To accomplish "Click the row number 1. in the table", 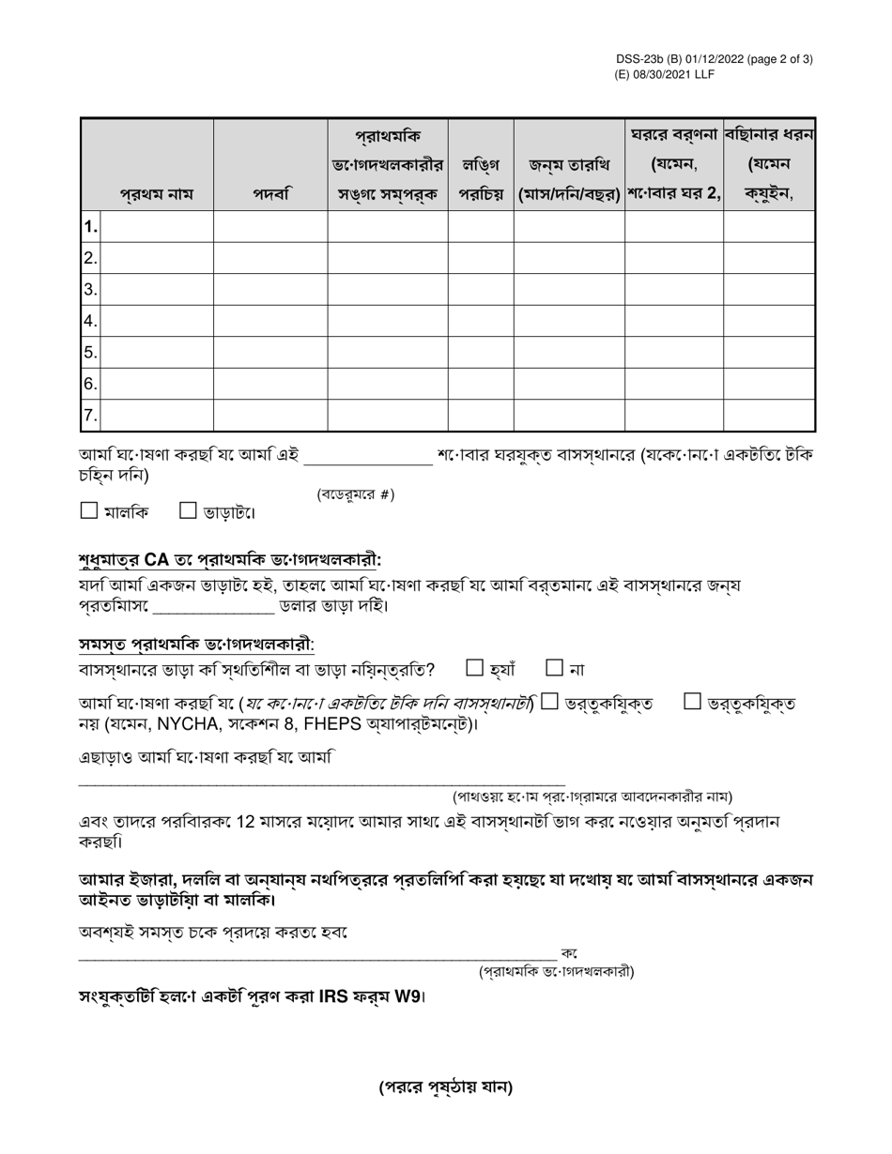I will click(90, 227).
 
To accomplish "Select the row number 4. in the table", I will click(90, 321).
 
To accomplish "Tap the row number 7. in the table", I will click(90, 416).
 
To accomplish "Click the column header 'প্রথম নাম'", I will click(156, 195).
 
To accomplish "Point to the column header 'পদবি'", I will click(270, 195).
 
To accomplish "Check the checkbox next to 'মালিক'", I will click(89, 510).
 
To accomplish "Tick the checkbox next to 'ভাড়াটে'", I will click(188, 510).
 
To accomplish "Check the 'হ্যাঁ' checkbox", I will click(475, 668).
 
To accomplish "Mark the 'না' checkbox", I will click(554, 668).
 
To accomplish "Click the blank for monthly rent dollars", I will click(213, 607).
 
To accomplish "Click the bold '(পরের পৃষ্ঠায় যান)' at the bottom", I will click(446, 1087).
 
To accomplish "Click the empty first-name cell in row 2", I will click(156, 258).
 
